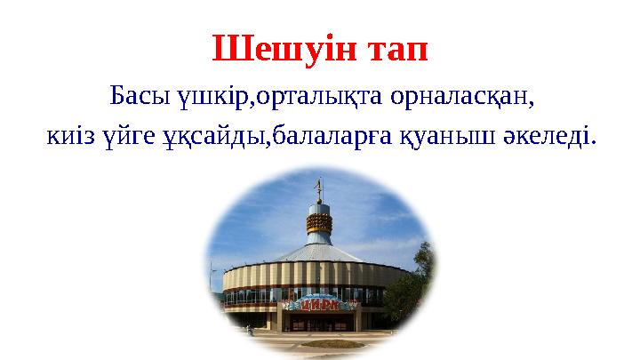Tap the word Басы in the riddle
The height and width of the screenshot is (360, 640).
[x=133, y=94]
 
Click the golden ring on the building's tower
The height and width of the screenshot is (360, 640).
[x=320, y=225]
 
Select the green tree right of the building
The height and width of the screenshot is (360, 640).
[x=411, y=293]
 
